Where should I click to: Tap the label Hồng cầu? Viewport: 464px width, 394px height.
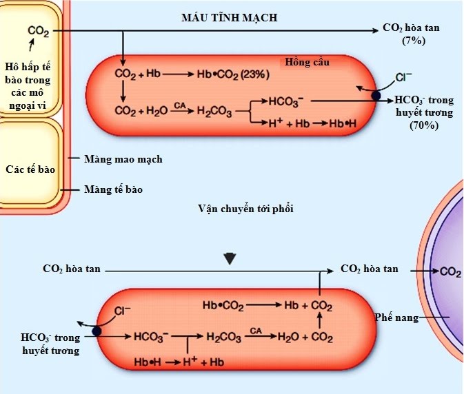(307, 63)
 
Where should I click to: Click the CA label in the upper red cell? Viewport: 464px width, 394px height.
(179, 105)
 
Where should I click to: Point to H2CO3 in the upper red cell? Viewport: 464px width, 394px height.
(215, 110)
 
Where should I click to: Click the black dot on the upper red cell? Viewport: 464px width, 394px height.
(375, 96)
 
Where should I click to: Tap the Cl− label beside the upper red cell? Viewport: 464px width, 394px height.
(403, 77)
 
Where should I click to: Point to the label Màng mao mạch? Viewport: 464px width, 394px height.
(123, 159)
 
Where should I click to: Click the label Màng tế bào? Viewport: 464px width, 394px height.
(114, 188)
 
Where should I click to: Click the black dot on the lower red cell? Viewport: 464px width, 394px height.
(97, 331)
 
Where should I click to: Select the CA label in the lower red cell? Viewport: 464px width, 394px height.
(256, 331)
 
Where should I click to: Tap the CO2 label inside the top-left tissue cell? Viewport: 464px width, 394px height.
(38, 31)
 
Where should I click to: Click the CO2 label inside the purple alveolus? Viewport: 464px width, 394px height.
(450, 272)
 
